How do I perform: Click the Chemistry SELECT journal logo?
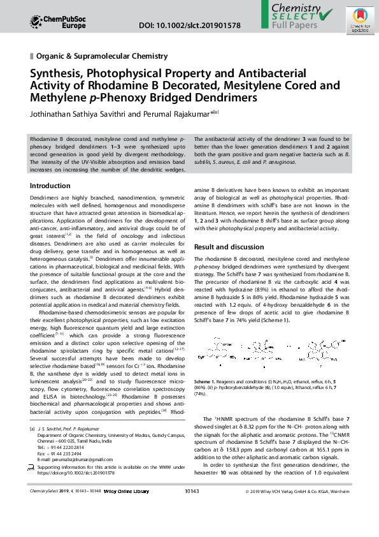coord(299,17)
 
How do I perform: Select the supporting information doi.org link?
coord(76,474)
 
